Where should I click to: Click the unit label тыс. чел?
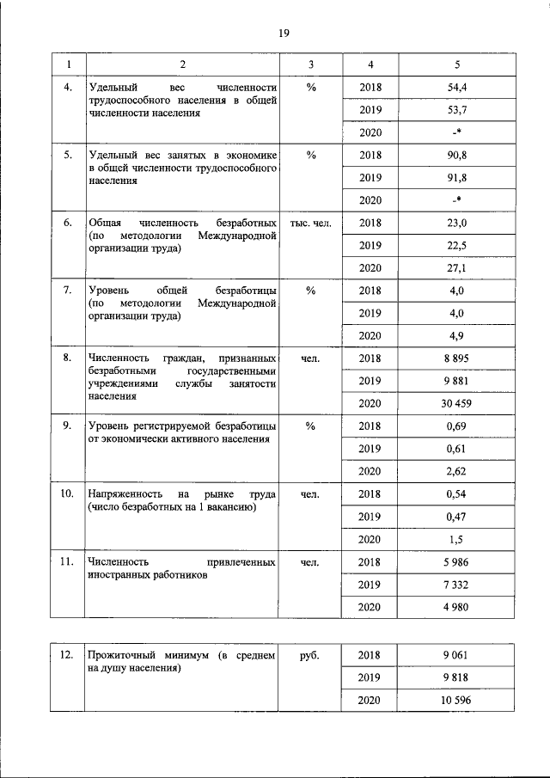(311, 223)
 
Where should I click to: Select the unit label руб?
(311, 656)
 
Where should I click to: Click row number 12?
(66, 656)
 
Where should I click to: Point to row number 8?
(66, 358)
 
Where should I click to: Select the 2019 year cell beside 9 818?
(370, 678)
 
